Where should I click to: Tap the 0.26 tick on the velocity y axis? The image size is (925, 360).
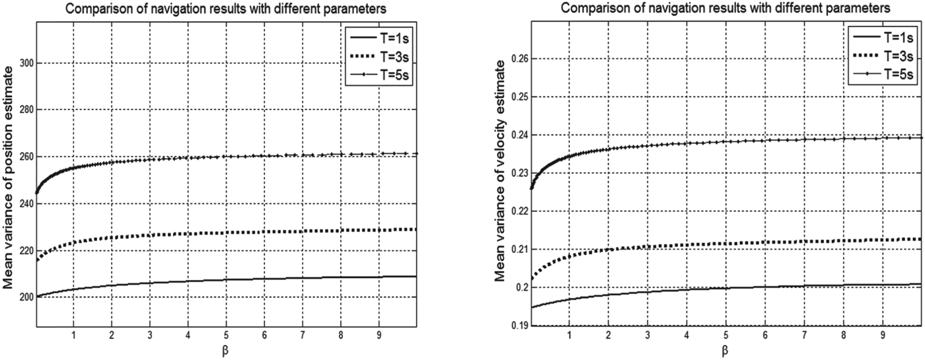point(519,59)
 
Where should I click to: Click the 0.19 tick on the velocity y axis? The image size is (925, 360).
point(519,326)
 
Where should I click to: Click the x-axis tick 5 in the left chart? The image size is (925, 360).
point(226,335)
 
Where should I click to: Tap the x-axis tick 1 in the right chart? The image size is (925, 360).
point(569,335)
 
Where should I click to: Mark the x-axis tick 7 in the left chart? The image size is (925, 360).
point(303,335)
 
